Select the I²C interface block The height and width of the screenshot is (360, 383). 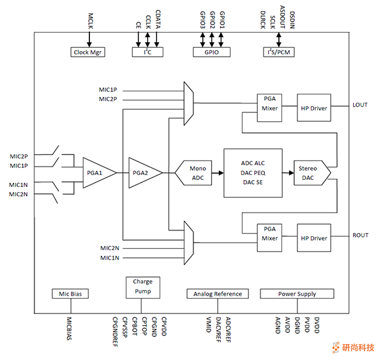tap(147, 52)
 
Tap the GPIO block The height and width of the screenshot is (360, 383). tap(211, 52)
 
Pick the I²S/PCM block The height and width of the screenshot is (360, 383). tap(279, 52)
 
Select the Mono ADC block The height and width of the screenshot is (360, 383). tap(197, 172)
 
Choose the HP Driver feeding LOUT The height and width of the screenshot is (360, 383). tap(313, 108)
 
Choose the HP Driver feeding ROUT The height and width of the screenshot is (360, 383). tap(313, 239)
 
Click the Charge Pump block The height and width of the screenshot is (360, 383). tap(142, 286)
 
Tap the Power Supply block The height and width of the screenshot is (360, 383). tap(297, 294)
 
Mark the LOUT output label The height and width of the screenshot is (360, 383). tap(360, 105)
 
